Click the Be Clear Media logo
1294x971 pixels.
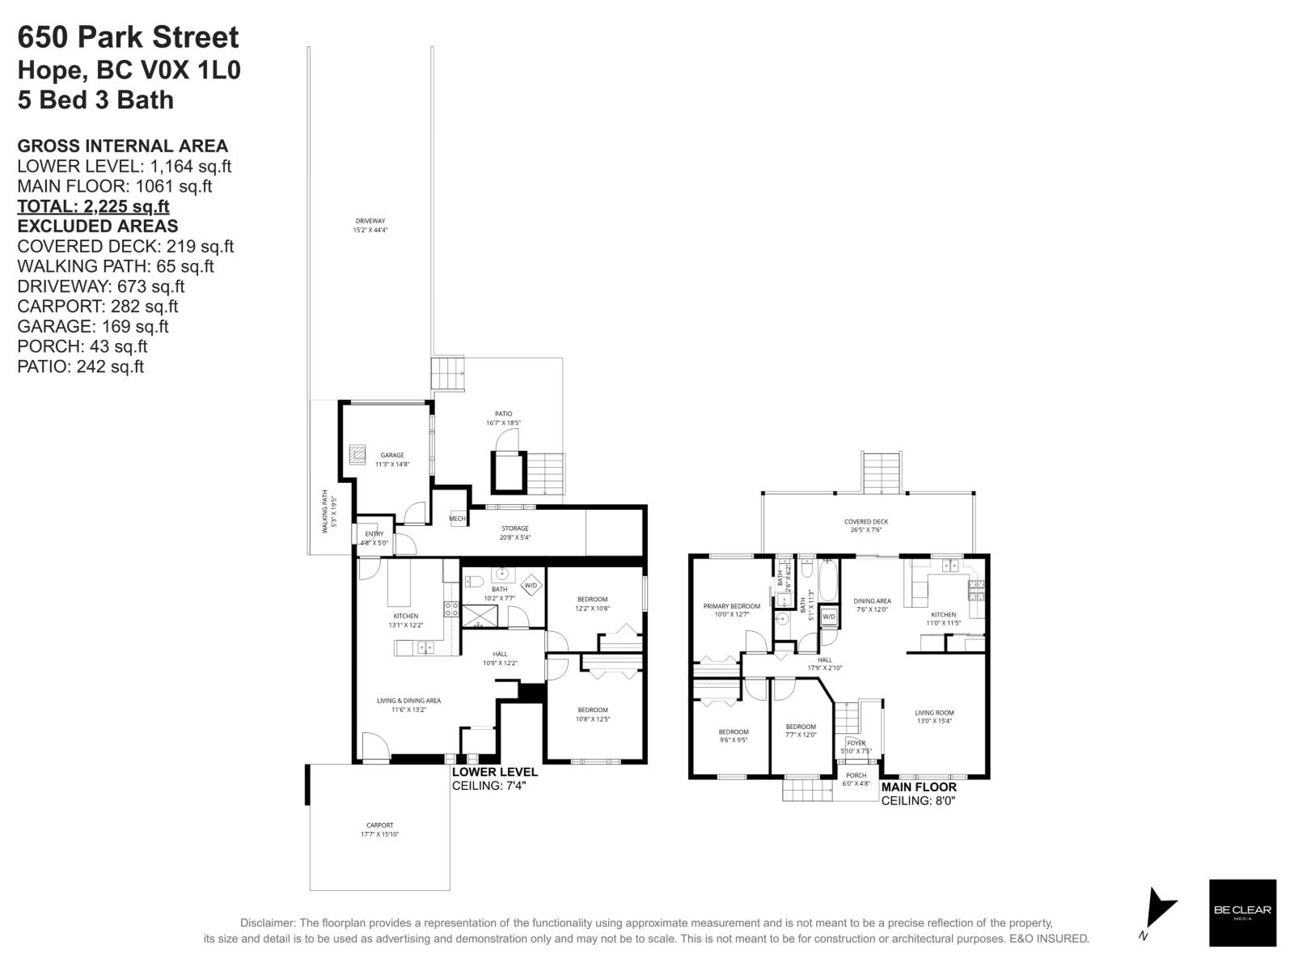1242,913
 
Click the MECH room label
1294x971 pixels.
457,519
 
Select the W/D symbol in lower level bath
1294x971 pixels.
531,585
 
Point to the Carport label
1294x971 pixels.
379,825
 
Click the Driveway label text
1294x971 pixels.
370,221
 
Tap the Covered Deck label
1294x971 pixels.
866,522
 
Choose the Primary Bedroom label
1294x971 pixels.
732,606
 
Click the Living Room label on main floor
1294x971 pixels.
934,713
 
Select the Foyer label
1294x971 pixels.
856,743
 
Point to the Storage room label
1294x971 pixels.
514,528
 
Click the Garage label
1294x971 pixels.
392,456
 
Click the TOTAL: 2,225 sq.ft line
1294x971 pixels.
93,206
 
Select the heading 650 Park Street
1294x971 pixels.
128,37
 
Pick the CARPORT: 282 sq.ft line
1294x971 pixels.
97,306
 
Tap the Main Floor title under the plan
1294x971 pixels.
918,787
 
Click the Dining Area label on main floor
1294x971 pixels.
872,601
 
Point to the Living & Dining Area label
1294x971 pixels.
408,701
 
